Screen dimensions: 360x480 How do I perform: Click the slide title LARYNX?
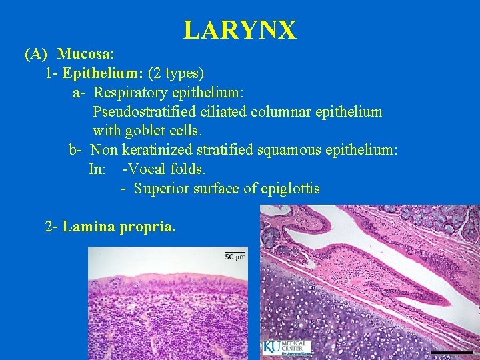click(240, 30)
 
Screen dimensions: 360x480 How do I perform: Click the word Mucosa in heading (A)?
click(83, 53)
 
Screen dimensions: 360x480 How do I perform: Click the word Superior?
click(161, 189)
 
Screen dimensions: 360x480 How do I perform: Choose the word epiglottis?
click(291, 189)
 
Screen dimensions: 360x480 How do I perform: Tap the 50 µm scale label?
click(235, 256)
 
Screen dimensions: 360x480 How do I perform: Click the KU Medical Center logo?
click(287, 347)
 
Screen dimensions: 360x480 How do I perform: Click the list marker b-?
click(77, 150)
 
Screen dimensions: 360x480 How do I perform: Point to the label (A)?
click(36, 53)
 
